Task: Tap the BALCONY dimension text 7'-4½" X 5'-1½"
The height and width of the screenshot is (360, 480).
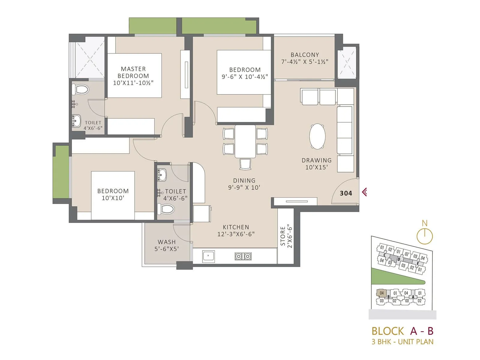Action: pos(304,62)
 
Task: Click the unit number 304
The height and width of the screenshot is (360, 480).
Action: pos(346,193)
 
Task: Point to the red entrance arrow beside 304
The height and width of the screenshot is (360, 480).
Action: pos(364,192)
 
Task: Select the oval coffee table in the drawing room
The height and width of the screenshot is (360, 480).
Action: pos(317,136)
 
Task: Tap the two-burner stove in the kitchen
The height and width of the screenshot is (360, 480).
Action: pos(243,256)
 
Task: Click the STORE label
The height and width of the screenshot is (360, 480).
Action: pos(283,236)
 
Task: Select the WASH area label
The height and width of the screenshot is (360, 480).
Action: pos(166,242)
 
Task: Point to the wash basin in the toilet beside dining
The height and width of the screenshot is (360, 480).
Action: pos(162,175)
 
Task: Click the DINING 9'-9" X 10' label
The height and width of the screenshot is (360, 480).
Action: pos(244,184)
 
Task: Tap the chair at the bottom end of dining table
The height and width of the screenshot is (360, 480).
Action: pos(245,164)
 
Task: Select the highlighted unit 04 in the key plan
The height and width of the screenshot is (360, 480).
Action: pos(382,293)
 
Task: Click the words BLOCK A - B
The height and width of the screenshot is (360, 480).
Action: pos(402,331)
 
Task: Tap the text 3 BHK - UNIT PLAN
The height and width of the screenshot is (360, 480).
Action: pos(402,342)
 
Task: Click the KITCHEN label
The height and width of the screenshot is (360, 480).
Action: pos(236,227)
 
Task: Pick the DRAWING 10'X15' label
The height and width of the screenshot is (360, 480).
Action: pos(316,164)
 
